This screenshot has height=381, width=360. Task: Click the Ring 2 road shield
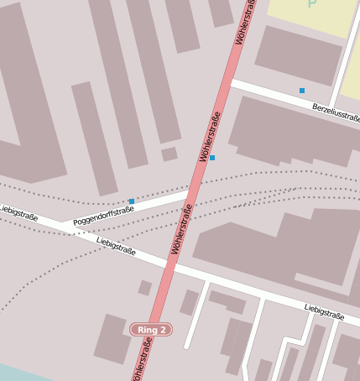pyautogui.click(x=151, y=329)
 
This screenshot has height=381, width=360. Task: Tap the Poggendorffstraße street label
pyautogui.click(x=103, y=215)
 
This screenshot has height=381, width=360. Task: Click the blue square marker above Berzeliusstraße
pyautogui.click(x=302, y=90)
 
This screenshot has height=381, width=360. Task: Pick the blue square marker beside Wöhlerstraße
pyautogui.click(x=212, y=158)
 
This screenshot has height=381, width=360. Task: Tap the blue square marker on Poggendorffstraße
pyautogui.click(x=132, y=201)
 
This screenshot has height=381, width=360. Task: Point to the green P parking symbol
pyautogui.click(x=312, y=4)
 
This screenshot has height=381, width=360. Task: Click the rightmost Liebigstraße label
pyautogui.click(x=325, y=312)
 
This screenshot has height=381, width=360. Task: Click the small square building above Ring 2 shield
pyautogui.click(x=145, y=288)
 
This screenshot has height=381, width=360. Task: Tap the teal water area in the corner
pyautogui.click(x=13, y=373)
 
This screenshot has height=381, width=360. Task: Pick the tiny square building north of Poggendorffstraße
pyautogui.click(x=170, y=154)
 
